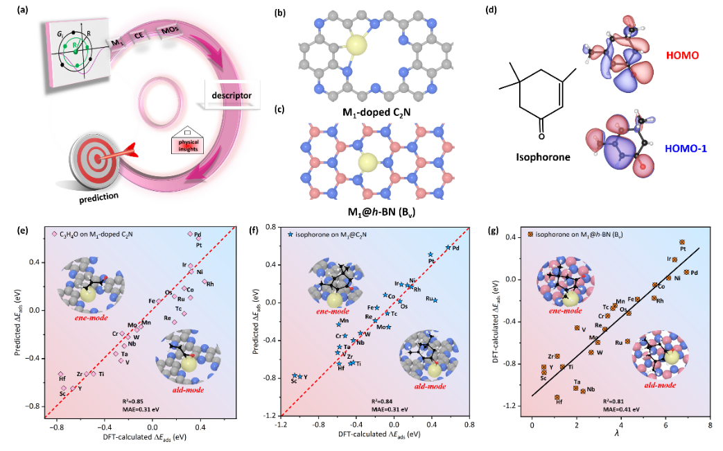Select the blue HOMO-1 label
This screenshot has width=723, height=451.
pos(681,148)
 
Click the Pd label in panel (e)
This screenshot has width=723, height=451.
pos(198,235)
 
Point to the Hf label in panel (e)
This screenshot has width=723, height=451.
pos(62,379)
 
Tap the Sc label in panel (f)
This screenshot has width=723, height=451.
pos(294,381)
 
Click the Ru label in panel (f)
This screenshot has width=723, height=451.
pos(430,298)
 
